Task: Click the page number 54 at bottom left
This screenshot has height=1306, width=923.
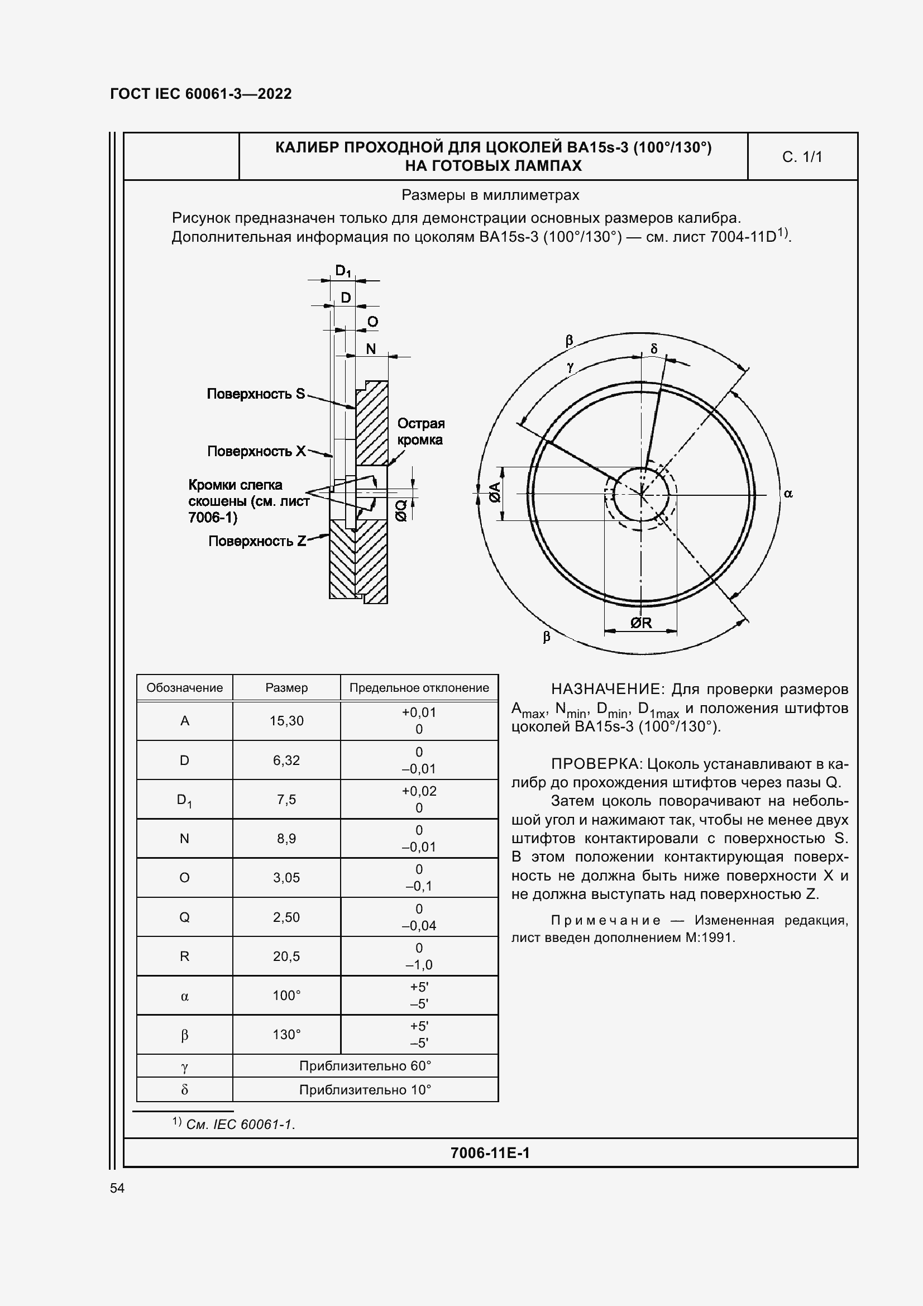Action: point(117,1188)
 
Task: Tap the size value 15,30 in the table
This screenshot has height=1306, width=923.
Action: point(286,721)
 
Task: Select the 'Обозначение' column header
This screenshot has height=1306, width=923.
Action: point(184,688)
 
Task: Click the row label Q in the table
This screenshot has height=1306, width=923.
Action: point(184,917)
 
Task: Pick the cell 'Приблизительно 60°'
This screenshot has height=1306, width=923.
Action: point(365,1066)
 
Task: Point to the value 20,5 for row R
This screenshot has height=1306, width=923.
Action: point(286,956)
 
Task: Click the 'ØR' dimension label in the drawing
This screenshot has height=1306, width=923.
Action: point(641,623)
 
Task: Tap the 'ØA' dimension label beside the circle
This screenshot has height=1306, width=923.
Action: point(495,492)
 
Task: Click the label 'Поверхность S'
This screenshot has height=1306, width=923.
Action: point(255,394)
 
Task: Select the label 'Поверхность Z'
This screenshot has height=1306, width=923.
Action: point(257,541)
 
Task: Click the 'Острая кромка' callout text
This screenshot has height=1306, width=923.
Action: point(420,431)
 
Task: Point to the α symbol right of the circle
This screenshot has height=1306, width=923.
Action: point(788,494)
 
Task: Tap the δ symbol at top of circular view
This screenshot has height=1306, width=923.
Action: point(653,348)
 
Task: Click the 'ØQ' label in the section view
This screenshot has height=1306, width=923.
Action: point(401,510)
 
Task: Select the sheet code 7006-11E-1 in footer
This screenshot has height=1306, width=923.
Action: point(490,1153)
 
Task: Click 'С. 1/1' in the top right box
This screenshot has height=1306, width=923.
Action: point(802,157)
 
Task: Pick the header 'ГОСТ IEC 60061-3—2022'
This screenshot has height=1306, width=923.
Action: point(201,94)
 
